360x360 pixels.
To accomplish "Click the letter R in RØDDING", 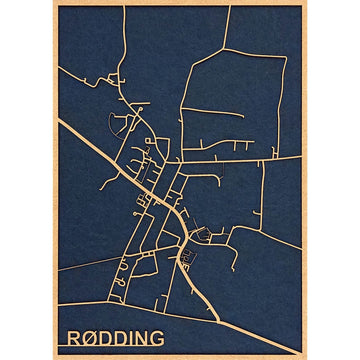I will tap(75, 337).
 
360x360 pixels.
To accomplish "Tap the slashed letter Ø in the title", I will tap(93, 337).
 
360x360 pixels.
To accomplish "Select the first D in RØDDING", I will tap(110, 337).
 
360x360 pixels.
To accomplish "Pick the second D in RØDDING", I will tap(127, 337).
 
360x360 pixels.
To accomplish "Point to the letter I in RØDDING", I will tap(139, 337).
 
